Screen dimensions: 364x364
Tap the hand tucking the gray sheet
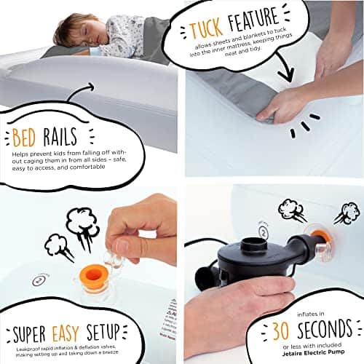[x=292, y=102]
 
